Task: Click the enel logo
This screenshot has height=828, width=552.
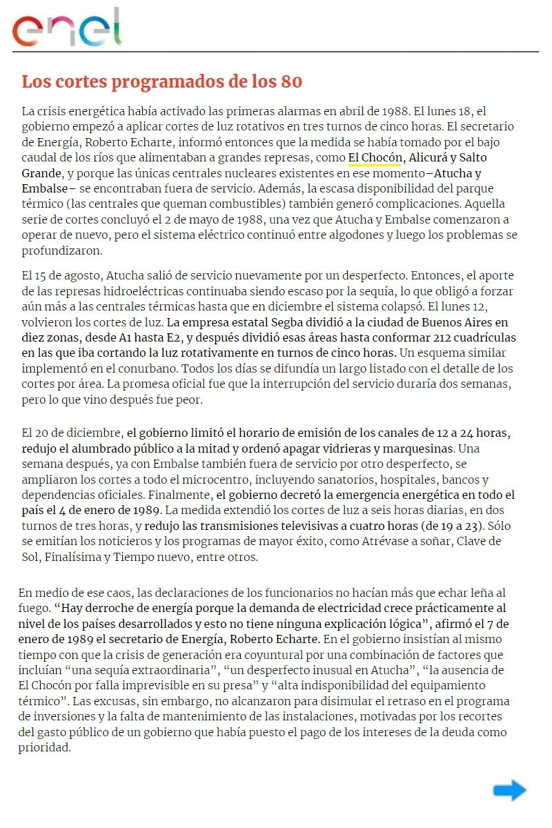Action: click(66, 28)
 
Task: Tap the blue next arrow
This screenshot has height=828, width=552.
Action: click(509, 790)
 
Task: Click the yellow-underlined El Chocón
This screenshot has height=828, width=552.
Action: click(375, 157)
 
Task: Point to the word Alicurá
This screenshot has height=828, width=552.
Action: click(430, 157)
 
